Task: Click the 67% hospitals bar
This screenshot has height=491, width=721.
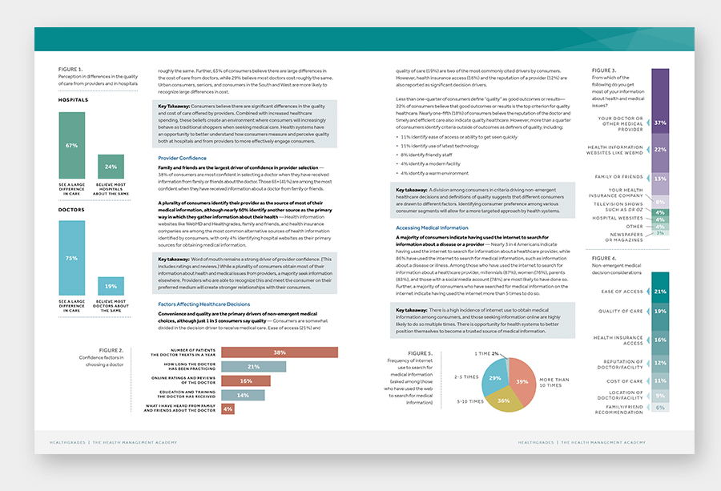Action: tap(71, 145)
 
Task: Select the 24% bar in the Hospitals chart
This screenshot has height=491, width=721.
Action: tap(111, 167)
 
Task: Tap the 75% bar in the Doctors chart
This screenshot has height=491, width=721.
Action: tap(71, 258)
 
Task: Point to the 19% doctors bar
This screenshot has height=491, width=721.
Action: tap(111, 286)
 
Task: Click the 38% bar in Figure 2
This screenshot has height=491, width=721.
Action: tap(279, 352)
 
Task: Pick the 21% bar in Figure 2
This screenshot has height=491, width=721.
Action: tap(253, 367)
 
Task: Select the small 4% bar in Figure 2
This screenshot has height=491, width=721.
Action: tap(228, 408)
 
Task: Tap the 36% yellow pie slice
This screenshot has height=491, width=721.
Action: tap(503, 399)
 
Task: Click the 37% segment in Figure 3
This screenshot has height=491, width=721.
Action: tap(660, 123)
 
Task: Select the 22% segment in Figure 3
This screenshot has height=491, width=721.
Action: tap(660, 148)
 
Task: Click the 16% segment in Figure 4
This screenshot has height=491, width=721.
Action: tap(660, 340)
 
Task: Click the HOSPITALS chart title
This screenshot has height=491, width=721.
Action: tap(73, 100)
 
